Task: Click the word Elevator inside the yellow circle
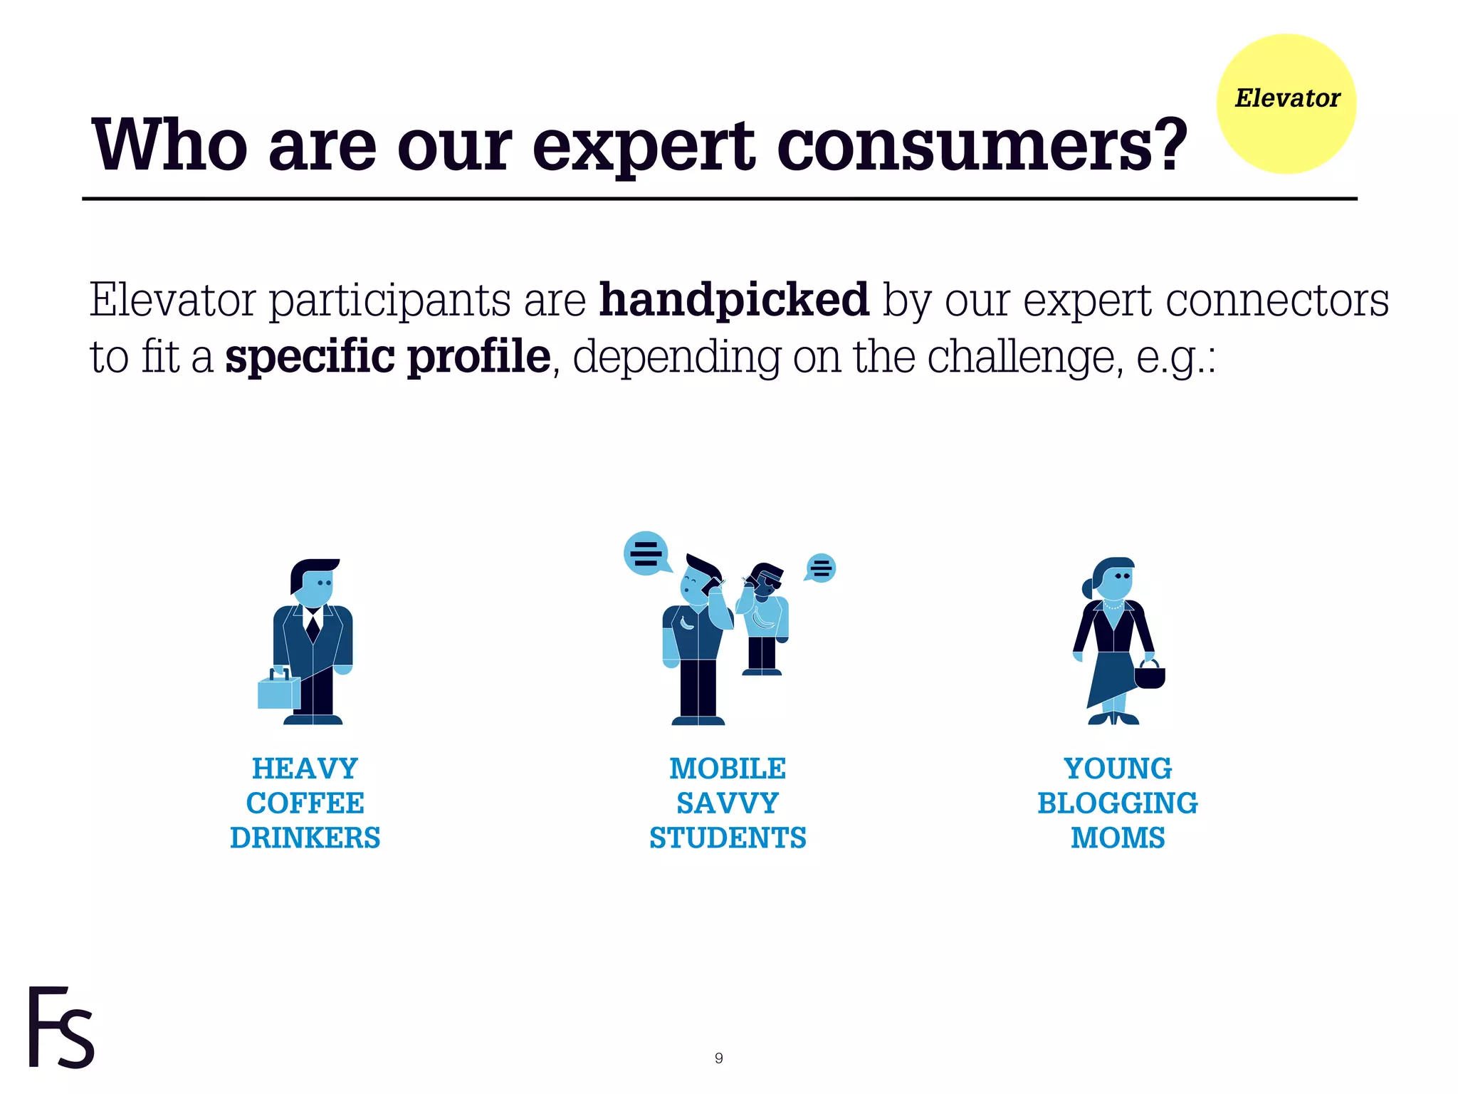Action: pos(1286,98)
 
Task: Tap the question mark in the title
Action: pos(1165,146)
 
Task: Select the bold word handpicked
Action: pos(734,300)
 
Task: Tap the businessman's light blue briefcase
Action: pos(278,691)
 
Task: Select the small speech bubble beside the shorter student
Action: pos(821,568)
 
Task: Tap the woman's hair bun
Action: pos(1088,588)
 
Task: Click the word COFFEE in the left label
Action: pos(305,803)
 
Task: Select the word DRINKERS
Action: pos(305,838)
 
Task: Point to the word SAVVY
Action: pos(727,803)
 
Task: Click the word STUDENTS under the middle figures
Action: pos(727,838)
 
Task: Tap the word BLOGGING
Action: pos(1117,803)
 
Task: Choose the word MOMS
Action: pos(1117,838)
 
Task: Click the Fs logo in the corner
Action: pos(61,1028)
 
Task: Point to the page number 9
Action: pos(718,1058)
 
